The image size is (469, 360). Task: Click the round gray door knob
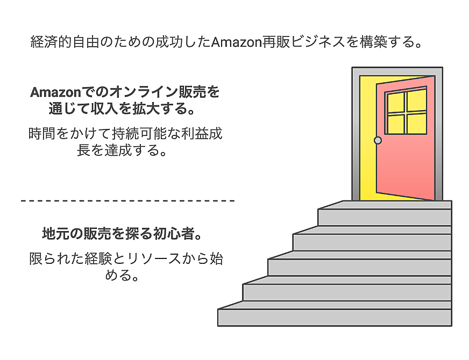[x=378, y=140]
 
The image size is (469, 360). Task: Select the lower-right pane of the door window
[x=417, y=124]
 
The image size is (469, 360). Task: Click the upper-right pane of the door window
[x=417, y=100]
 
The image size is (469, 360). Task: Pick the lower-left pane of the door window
[x=396, y=124]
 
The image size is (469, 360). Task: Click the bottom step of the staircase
[x=335, y=314]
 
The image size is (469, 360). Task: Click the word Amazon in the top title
[x=237, y=42]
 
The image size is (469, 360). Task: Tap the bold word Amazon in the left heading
[x=55, y=92]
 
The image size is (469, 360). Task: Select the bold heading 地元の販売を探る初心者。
[x=122, y=234]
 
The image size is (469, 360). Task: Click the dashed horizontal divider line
[x=127, y=201]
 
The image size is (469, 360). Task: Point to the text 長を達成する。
[x=122, y=150]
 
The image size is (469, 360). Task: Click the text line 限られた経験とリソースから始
[x=126, y=259]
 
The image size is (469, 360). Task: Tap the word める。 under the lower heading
[x=122, y=275]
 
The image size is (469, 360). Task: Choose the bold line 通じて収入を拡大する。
[x=122, y=109]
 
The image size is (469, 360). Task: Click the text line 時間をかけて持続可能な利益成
[x=125, y=134]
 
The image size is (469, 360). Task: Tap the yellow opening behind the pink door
[x=367, y=138]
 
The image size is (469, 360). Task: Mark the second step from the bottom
[x=347, y=289]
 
